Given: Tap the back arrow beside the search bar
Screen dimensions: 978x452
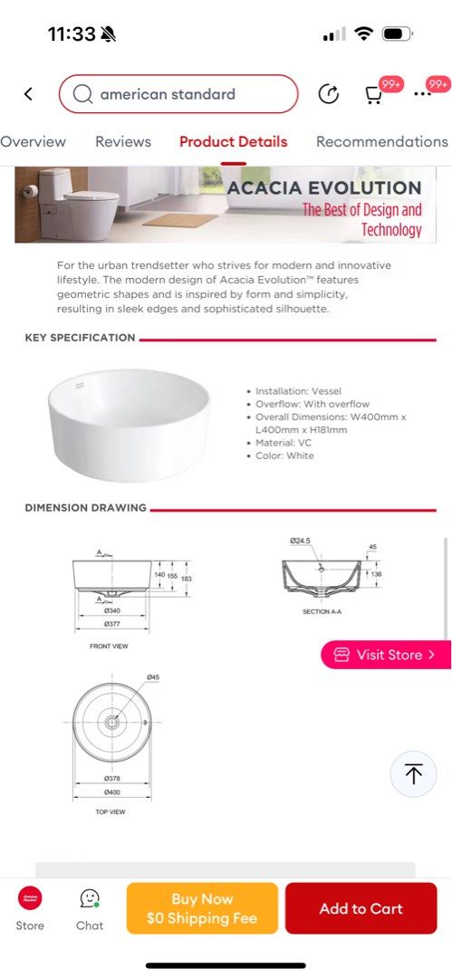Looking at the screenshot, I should tap(28, 94).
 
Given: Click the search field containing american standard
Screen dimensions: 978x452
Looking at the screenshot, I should tap(178, 94).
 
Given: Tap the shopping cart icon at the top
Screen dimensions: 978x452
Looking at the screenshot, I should tap(373, 94).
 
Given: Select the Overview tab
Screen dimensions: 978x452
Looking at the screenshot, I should tap(33, 141).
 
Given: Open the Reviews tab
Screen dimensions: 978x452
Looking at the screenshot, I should tap(123, 141).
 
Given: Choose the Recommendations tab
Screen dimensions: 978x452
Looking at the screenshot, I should tap(381, 141).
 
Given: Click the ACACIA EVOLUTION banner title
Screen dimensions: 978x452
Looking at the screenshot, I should tap(324, 188).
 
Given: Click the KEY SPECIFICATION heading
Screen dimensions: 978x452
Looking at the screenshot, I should tap(80, 338).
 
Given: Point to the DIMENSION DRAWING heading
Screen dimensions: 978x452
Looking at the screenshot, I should tap(85, 508).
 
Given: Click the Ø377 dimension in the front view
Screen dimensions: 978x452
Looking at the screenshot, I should tap(112, 623).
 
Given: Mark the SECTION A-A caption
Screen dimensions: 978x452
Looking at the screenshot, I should tap(322, 612).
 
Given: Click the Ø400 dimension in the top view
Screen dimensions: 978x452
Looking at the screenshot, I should tap(112, 792).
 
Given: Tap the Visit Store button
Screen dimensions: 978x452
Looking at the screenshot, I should tap(386, 655).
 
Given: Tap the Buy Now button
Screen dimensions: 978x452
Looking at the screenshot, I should tap(202, 908).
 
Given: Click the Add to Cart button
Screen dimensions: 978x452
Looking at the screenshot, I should tap(361, 908).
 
